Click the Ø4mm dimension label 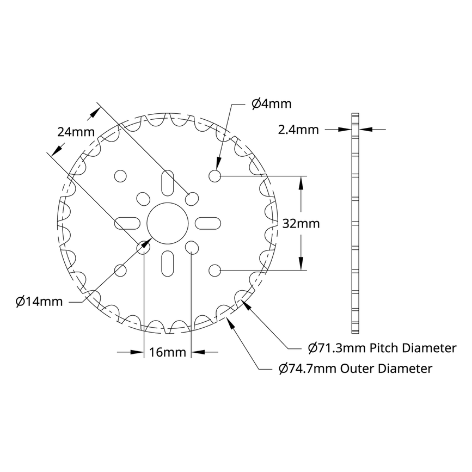pos(271,103)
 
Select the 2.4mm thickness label pos(298,130)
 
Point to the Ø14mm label pos(39,301)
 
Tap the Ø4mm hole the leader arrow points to pos(214,176)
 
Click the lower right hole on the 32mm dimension pos(214,269)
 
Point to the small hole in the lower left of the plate pos(120,269)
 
